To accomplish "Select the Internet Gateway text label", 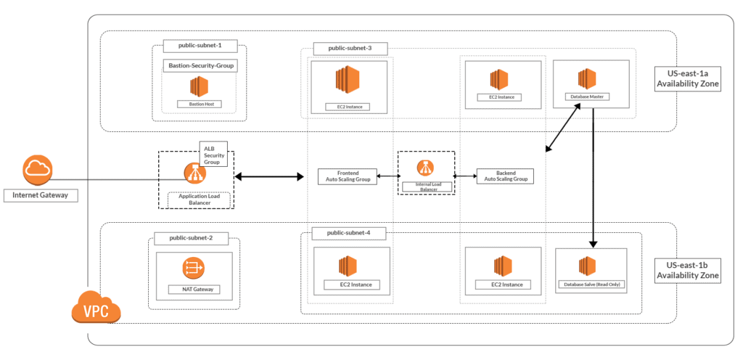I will [41, 195].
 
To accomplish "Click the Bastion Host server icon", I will [199, 86].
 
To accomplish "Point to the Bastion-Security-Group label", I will [200, 66].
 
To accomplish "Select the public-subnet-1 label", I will [200, 46].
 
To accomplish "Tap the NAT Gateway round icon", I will [194, 269].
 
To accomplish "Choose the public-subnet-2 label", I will [191, 238].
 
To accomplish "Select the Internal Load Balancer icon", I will [426, 168].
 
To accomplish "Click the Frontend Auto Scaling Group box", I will [348, 176].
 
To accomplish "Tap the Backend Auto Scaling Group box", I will [505, 176].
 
